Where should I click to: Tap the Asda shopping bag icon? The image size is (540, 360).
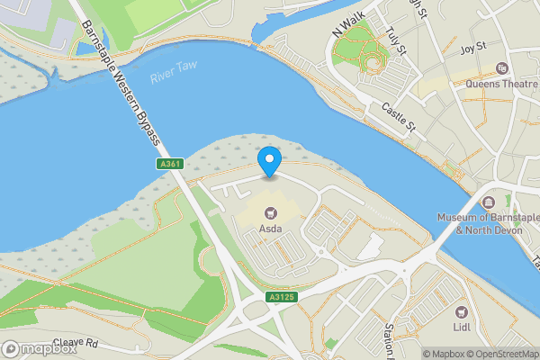pyautogui.click(x=270, y=213)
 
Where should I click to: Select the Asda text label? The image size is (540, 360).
pyautogui.click(x=270, y=229)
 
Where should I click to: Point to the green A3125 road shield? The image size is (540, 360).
pyautogui.click(x=281, y=296)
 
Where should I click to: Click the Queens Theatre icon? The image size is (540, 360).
pyautogui.click(x=501, y=68)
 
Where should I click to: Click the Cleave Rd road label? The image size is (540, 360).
pyautogui.click(x=75, y=343)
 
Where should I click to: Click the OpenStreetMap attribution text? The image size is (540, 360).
pyautogui.click(x=502, y=354)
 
